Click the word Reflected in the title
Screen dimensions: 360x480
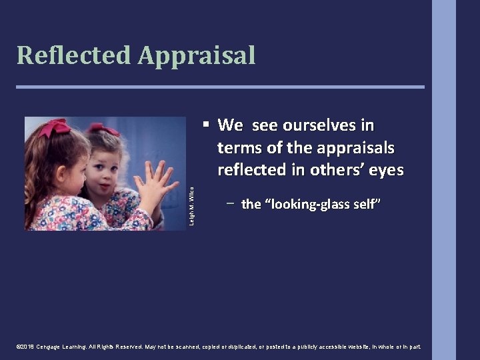point(73,55)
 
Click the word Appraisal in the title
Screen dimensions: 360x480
point(197,55)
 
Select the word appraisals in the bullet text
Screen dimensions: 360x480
point(359,147)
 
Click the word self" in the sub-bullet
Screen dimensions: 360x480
point(366,204)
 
